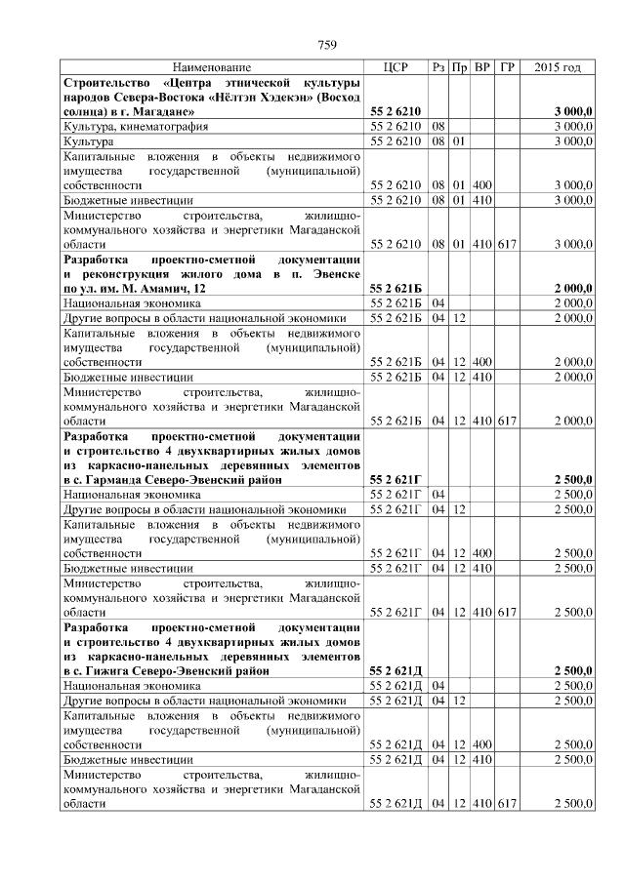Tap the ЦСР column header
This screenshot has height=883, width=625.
[396, 67]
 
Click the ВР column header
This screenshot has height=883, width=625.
[481, 67]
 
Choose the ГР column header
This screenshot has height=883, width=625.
[506, 67]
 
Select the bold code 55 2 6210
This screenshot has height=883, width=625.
[396, 113]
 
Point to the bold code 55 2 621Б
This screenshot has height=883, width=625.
[396, 289]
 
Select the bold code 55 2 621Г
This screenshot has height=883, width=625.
[396, 480]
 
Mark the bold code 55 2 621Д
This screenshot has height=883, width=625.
[396, 670]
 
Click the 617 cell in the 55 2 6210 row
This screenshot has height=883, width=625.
[506, 241]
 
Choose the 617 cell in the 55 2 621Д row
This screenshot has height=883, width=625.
[506, 803]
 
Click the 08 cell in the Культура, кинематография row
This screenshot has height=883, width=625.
[438, 128]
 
